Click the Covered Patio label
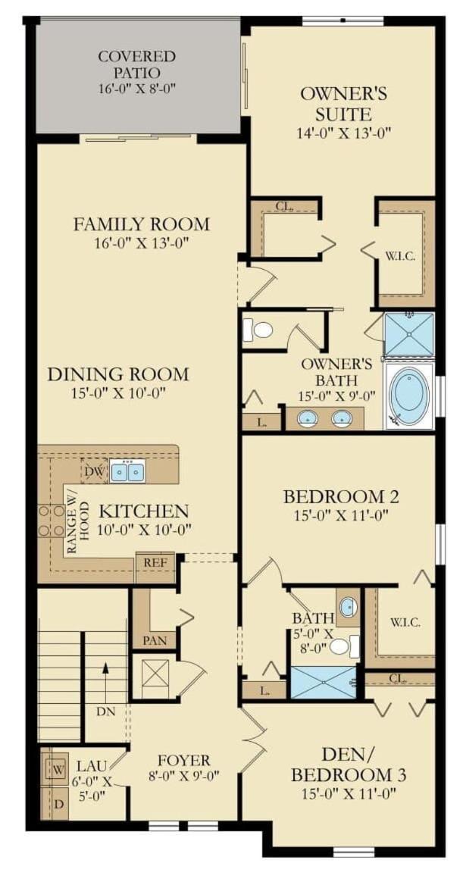tap(136, 64)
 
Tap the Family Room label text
tap(141, 224)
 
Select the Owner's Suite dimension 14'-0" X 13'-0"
tap(344, 133)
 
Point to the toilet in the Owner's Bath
tap(258, 330)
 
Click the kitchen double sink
tap(127, 470)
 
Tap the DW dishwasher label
tap(94, 470)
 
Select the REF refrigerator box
tap(155, 563)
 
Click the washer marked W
tap(57, 768)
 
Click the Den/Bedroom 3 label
tap(348, 765)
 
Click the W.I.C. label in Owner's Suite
tap(401, 256)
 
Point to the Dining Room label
tap(117, 374)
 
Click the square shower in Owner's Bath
tap(408, 334)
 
